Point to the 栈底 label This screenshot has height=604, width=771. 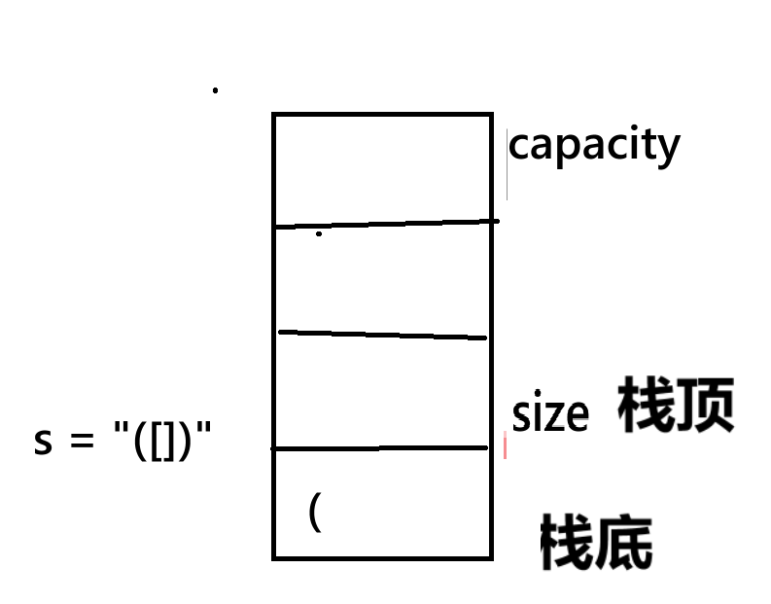595,543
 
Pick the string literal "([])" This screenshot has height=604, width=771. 161,440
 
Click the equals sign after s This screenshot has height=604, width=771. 78,443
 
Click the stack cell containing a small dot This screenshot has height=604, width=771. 381,278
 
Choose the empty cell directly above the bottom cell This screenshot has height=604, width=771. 381,391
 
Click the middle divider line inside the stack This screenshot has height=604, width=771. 382,335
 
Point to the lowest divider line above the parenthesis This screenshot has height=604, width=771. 379,448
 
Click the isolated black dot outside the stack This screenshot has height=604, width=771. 215,90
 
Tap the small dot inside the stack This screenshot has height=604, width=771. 319,234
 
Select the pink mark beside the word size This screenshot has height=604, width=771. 505,446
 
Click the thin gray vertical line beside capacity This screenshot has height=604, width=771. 507,163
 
